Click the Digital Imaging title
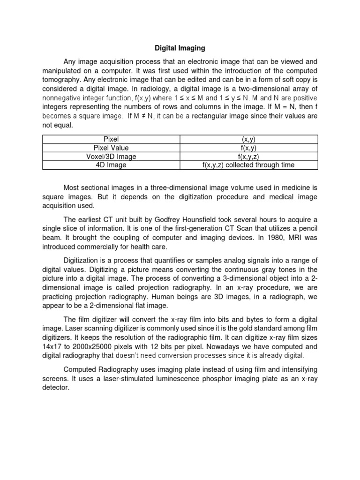pos(180,48)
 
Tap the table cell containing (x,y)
pos(249,139)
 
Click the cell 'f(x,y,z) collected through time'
pos(249,165)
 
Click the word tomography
pos(62,80)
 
